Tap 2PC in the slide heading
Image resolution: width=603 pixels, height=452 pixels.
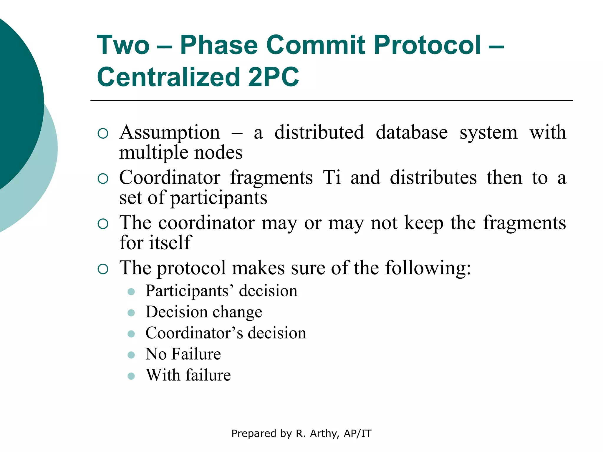tap(273, 77)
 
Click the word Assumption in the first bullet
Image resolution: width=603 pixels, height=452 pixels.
tap(170, 132)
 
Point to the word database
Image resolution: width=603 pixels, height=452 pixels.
tap(412, 132)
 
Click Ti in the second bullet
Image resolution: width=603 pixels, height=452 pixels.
tap(332, 177)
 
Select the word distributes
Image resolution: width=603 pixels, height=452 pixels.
tap(433, 177)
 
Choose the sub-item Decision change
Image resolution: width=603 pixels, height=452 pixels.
tap(204, 312)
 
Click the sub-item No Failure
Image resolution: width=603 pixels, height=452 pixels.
tap(183, 354)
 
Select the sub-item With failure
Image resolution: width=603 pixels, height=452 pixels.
tap(188, 375)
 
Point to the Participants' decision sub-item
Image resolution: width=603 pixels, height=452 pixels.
tap(221, 291)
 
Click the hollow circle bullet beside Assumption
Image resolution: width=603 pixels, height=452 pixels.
tap(103, 134)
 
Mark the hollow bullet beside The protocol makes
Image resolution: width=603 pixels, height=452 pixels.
tap(103, 269)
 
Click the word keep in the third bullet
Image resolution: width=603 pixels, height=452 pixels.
tap(424, 223)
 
